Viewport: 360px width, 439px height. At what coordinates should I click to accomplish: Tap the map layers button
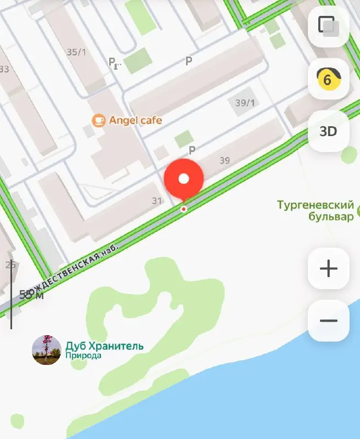(328, 26)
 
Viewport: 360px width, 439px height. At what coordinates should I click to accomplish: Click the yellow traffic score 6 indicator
(328, 80)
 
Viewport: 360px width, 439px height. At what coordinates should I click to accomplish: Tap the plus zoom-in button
(328, 268)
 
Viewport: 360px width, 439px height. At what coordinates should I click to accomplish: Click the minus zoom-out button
(328, 320)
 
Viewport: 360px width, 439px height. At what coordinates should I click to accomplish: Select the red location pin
(184, 179)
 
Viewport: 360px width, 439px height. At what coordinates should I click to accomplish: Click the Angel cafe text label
(136, 120)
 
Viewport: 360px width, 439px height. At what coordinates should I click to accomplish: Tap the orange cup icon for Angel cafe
(99, 120)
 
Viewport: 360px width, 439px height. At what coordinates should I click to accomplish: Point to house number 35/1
(76, 52)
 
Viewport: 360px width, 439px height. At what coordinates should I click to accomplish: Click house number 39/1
(245, 103)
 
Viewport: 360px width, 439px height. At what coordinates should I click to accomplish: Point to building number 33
(4, 69)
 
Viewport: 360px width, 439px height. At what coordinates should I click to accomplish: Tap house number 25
(10, 265)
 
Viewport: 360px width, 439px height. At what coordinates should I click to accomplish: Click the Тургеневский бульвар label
(315, 211)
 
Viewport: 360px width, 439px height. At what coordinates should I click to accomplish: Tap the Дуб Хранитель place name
(104, 346)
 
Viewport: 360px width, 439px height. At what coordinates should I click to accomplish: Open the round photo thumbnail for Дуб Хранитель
(47, 350)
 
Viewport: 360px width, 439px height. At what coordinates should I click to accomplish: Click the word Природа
(83, 356)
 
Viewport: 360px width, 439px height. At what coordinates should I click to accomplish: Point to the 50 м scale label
(31, 295)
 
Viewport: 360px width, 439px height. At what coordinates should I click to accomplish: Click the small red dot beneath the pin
(184, 209)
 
